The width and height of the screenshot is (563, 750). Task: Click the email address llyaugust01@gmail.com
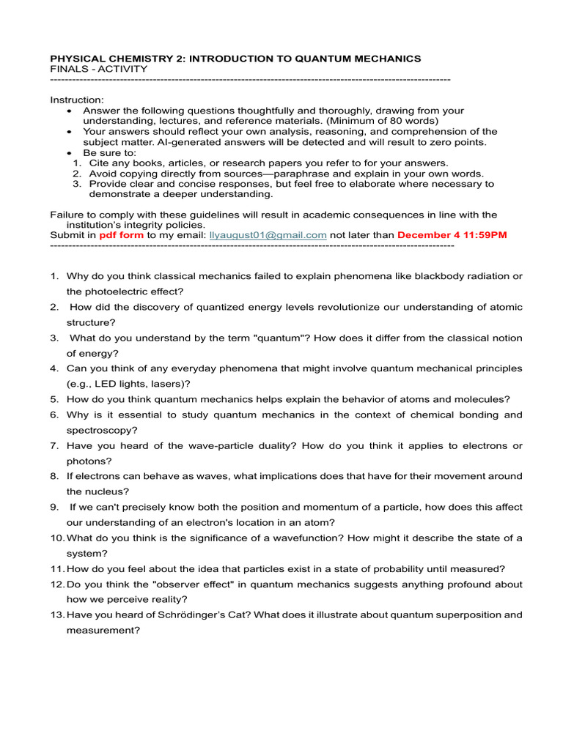[x=268, y=235]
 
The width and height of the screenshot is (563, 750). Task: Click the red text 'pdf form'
[x=121, y=235]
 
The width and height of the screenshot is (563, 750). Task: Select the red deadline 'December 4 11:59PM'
[x=452, y=235]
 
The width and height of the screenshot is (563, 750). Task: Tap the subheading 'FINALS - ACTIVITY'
[x=98, y=69]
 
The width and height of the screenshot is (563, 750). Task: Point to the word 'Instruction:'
[x=77, y=100]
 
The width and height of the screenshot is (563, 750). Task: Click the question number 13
[x=58, y=615]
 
